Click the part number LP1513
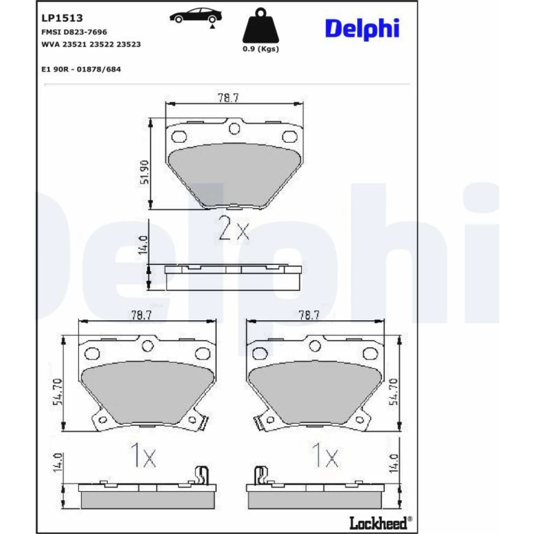pyautogui.click(x=62, y=18)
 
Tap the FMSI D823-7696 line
pyautogui.click(x=74, y=32)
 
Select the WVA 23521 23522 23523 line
pyautogui.click(x=91, y=44)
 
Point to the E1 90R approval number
pyautogui.click(x=81, y=69)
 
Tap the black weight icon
pyautogui.click(x=261, y=26)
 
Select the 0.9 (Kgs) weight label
pyautogui.click(x=261, y=49)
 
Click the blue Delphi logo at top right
pyautogui.click(x=362, y=29)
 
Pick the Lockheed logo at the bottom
pyautogui.click(x=380, y=523)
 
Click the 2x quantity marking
pyautogui.click(x=234, y=228)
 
